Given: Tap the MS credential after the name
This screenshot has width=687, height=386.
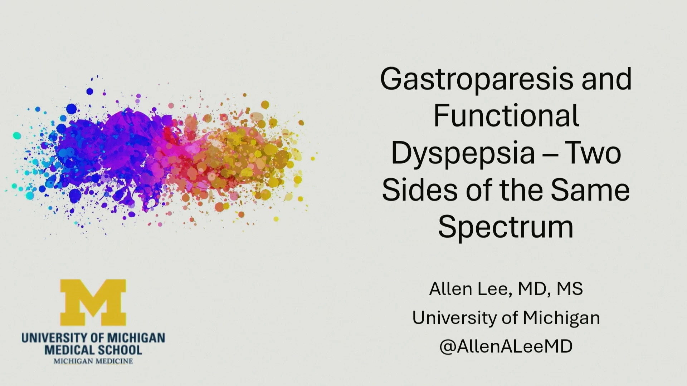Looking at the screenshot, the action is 570,289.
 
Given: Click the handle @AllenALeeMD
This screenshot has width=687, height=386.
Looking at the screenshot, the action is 506,346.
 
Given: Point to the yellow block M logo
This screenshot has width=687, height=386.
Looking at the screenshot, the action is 93,302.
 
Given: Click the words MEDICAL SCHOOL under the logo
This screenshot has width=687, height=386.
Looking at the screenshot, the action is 93,350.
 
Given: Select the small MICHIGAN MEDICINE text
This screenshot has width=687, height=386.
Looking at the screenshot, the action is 93,361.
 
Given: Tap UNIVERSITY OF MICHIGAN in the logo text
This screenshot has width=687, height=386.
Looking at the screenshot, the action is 93,338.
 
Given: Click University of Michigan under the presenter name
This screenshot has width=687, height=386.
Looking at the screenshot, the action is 506,318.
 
